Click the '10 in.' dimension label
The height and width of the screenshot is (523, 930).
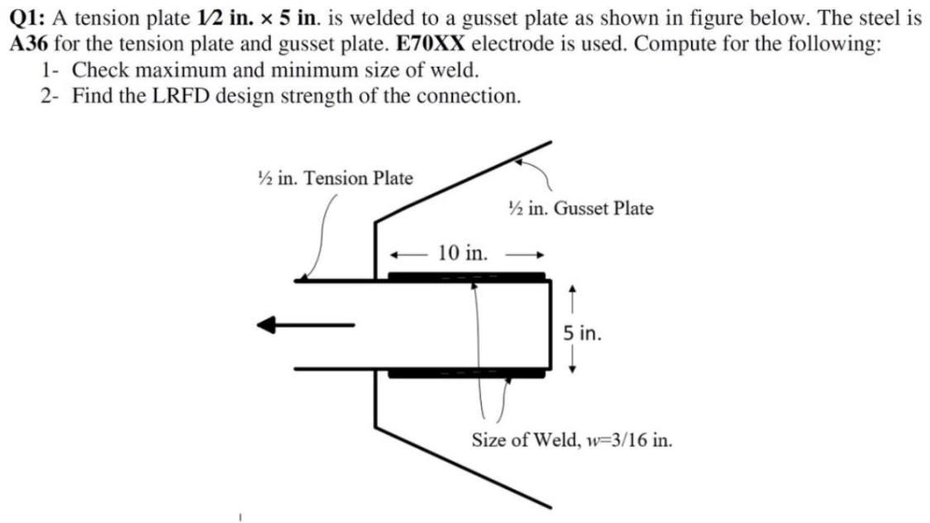pyautogui.click(x=462, y=252)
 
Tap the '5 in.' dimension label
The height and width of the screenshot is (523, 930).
pyautogui.click(x=582, y=334)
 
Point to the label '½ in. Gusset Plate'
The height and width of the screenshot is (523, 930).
pyautogui.click(x=580, y=208)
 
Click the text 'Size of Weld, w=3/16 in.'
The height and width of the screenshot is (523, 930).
pyautogui.click(x=571, y=440)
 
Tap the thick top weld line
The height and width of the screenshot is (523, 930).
pyautogui.click(x=467, y=276)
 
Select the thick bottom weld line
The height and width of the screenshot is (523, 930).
pyautogui.click(x=467, y=373)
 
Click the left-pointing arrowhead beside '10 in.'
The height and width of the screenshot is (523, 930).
pyautogui.click(x=396, y=254)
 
